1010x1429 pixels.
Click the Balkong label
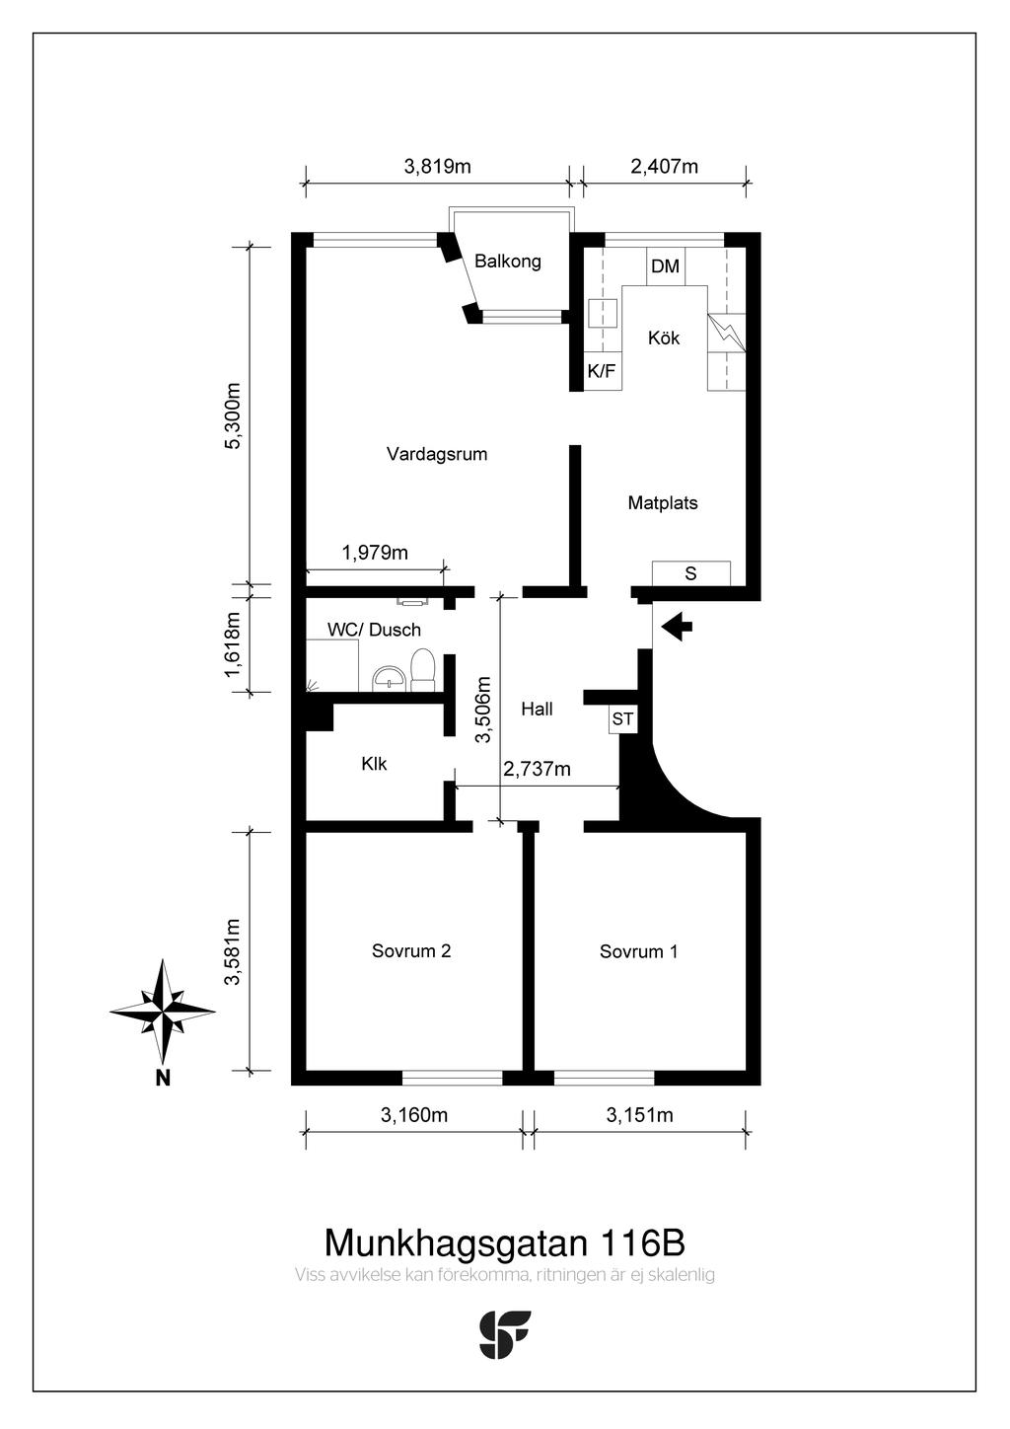coord(508,262)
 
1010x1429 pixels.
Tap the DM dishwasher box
coord(666,266)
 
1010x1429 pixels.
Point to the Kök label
coord(664,338)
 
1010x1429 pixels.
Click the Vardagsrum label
coord(437,454)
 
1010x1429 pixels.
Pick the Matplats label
coord(663,502)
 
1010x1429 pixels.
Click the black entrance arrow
coord(678,627)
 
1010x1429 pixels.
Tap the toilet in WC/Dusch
coord(422,670)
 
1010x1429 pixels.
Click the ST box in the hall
coord(623,719)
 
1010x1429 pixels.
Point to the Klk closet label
coord(374,764)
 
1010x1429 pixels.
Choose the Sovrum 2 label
coord(411,950)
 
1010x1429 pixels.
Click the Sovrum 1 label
coord(638,951)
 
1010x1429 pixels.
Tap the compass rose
coord(163,1012)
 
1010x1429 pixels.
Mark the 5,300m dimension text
coord(233,415)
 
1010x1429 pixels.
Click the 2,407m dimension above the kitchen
coord(665,167)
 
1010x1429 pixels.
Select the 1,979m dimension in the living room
coord(375,553)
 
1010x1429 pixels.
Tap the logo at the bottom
coord(504,1334)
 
